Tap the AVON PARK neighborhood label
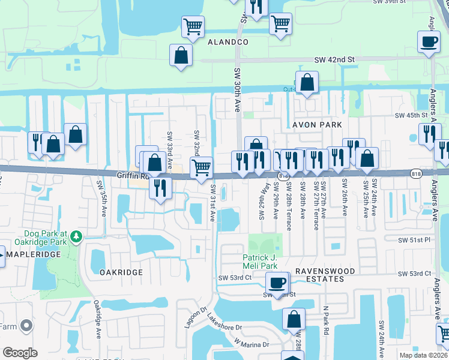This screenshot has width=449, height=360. [x=317, y=125]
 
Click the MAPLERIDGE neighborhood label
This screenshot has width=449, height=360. [x=33, y=254]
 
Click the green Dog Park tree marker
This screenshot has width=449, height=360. [x=76, y=238]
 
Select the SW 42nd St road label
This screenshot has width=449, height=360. [x=335, y=60]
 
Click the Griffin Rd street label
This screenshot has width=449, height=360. [x=133, y=176]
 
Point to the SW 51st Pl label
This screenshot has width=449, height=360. [x=416, y=239]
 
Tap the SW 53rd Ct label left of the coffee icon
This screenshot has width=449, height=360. [x=234, y=278]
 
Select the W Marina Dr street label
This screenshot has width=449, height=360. [x=252, y=343]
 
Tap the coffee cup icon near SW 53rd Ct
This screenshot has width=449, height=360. [x=277, y=282]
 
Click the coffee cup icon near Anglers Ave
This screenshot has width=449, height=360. [x=429, y=42]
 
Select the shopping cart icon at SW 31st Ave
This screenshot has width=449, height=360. [x=201, y=166]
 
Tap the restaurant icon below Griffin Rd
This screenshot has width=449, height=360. [x=160, y=187]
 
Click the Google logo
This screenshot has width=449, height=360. [x=20, y=353]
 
